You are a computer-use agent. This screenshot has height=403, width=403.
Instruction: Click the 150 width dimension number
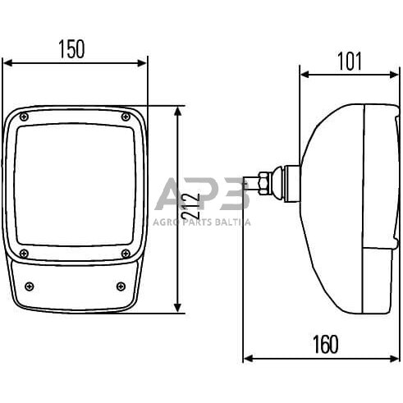pos(71,49)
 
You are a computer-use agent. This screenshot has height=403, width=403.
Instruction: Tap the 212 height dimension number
pos(190,206)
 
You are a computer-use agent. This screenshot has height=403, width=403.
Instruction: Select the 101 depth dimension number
pos(350,62)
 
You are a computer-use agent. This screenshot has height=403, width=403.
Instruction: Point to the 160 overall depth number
pos(326,345)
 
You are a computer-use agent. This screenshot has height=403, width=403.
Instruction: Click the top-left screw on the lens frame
pos(24,117)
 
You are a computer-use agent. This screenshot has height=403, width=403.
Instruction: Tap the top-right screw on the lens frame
pos(126,117)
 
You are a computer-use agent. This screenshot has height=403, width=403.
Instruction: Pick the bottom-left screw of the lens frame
pos(24,254)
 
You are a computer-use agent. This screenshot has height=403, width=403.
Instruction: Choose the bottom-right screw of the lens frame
pos(126,254)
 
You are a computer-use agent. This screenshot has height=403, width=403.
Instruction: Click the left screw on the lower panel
pos(30,286)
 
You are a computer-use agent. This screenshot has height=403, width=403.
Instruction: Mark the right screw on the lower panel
pos(121,286)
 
